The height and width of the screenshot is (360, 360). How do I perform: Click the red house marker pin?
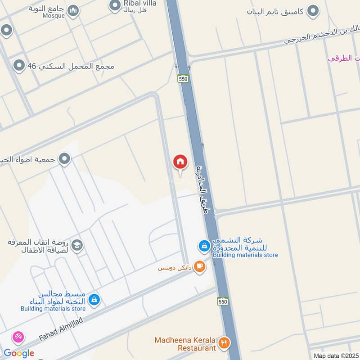[x=180, y=162]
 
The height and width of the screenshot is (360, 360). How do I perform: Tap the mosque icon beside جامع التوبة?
[x=72, y=11]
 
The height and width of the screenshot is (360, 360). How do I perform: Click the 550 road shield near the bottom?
[x=222, y=301]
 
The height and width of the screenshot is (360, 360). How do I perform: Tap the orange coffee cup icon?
[x=199, y=267]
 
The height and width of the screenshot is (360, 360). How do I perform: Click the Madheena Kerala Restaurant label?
[x=184, y=344]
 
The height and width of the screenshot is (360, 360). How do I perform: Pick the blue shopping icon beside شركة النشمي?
[x=204, y=246]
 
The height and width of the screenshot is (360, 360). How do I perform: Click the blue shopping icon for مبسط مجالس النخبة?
[x=94, y=299]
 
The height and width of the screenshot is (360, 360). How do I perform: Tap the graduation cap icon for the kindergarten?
[x=77, y=246]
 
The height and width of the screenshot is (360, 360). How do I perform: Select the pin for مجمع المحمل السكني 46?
[x=19, y=66]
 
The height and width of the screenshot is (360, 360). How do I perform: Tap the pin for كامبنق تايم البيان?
[x=313, y=11]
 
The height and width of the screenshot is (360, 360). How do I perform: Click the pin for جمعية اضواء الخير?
[x=65, y=159]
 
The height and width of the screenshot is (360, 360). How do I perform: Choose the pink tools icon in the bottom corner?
[x=18, y=337]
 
